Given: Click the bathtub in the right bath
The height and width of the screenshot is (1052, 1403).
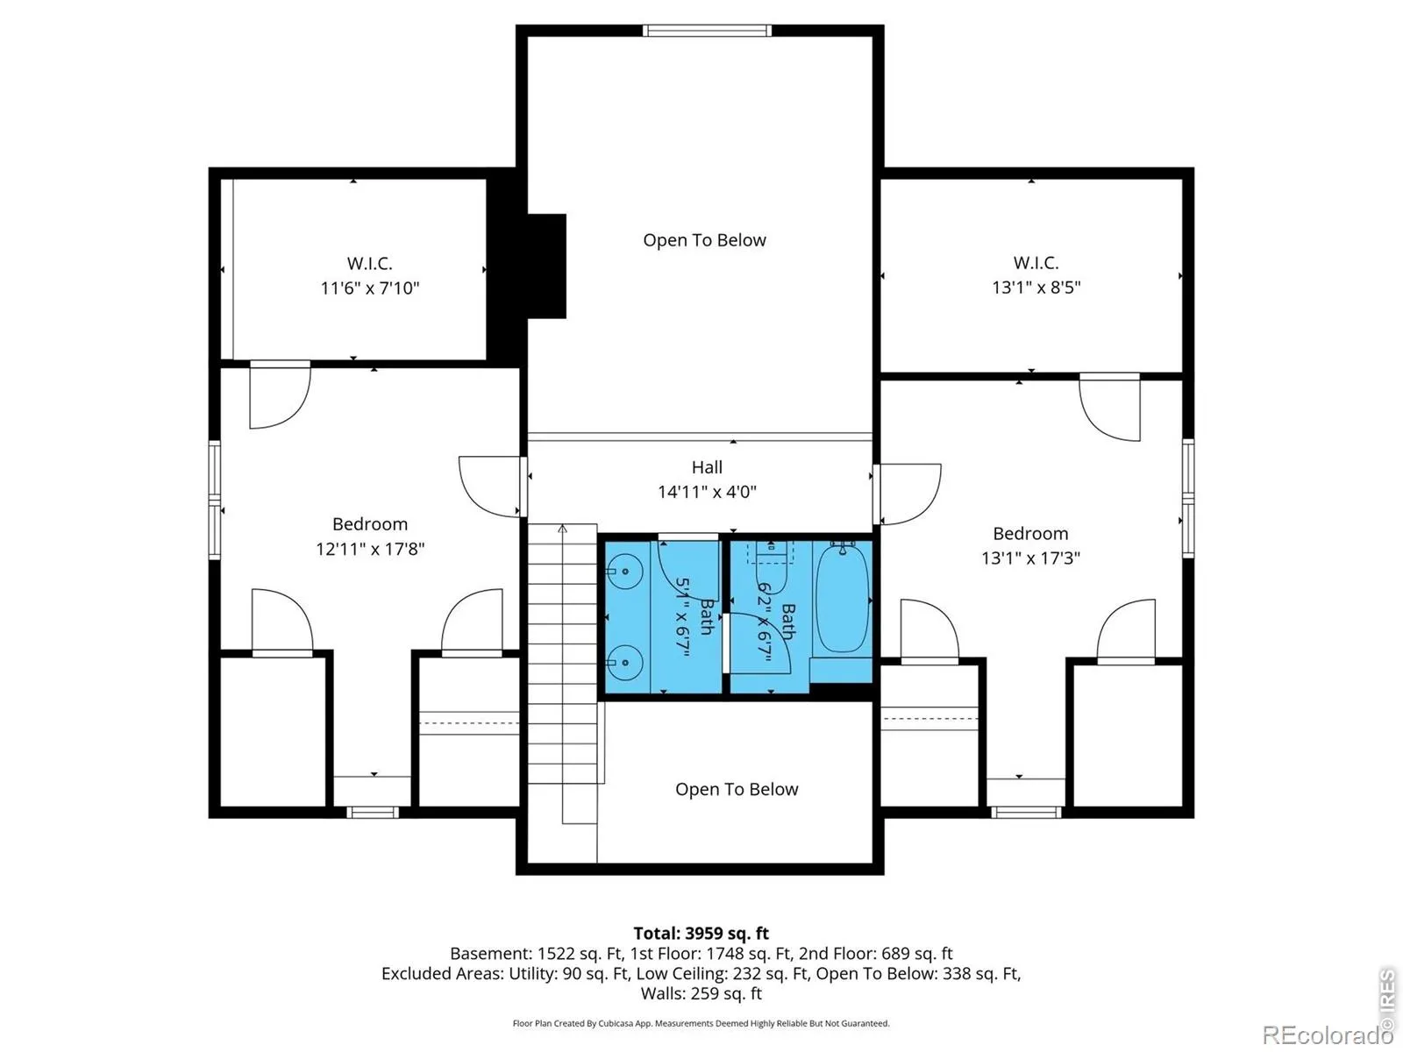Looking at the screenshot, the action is [842, 598].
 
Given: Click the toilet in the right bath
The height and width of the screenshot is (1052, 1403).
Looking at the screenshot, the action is [771, 552].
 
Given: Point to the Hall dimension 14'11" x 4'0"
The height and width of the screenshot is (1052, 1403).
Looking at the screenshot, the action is [707, 492].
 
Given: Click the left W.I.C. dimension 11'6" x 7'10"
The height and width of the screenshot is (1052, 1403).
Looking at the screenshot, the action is [369, 288].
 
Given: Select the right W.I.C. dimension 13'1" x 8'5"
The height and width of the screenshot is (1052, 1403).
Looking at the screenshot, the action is [1036, 288].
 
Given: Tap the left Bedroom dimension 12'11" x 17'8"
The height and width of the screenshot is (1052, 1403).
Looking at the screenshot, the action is [370, 549].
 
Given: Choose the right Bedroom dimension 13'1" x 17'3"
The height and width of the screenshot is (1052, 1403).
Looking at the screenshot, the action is [1030, 558].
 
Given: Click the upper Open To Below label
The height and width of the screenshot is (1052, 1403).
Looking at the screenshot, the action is [704, 240].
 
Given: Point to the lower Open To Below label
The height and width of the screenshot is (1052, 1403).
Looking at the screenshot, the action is [737, 790].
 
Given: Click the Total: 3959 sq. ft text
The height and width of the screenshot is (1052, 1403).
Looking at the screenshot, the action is [701, 934].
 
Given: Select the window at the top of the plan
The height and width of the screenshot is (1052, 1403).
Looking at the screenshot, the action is [707, 31].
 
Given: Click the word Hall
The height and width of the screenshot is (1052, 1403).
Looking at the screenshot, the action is [707, 467].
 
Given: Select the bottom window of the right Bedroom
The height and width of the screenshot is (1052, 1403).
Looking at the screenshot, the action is [1027, 813].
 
